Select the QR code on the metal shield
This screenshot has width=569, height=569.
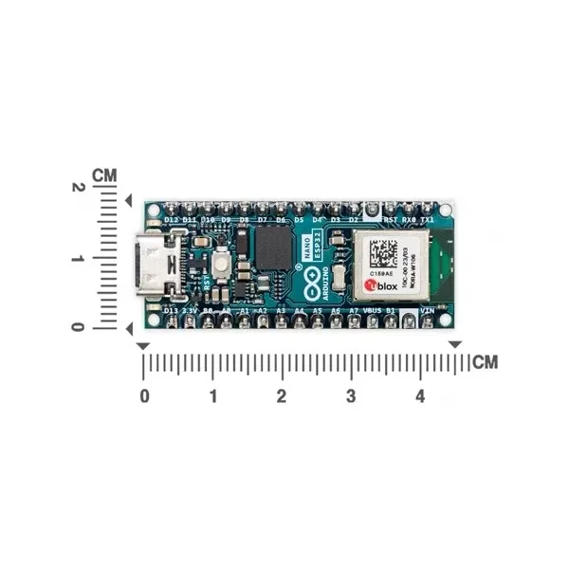click(382, 253)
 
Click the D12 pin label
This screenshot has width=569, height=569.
click(171, 220)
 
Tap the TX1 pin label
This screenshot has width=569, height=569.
click(428, 220)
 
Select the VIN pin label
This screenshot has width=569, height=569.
click(428, 310)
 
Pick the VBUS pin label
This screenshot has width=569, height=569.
click(372, 310)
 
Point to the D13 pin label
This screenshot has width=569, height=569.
click(171, 310)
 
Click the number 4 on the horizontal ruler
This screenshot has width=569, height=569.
click(420, 395)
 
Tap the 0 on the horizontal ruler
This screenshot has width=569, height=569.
click(144, 395)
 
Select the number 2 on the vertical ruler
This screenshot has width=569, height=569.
click(79, 188)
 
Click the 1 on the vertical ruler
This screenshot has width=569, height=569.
click(79, 258)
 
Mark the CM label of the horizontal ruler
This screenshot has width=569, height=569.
click(485, 362)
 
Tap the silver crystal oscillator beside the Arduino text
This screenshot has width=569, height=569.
click(340, 276)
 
